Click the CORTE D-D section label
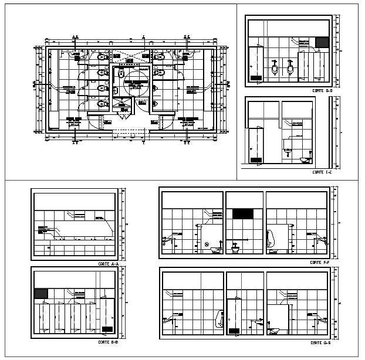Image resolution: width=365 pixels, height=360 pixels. [322, 91]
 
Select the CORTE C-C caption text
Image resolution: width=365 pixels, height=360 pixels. [322, 172]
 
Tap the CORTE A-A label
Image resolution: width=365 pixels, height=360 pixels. [109, 264]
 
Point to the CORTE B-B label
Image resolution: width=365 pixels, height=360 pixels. [109, 341]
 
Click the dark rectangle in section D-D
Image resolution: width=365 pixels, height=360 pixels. [322, 42]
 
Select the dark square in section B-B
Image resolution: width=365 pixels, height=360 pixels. [41, 294]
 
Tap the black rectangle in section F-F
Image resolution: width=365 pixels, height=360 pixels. [243, 215]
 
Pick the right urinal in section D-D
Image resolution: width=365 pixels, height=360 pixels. [290, 70]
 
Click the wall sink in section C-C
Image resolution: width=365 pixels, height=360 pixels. [287, 152]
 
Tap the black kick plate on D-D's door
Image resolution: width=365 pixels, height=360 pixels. [255, 77]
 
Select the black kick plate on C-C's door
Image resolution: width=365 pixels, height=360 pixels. [255, 159]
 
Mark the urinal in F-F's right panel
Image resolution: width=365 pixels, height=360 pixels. [272, 241]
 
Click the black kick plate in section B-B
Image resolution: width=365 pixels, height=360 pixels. [107, 328]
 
